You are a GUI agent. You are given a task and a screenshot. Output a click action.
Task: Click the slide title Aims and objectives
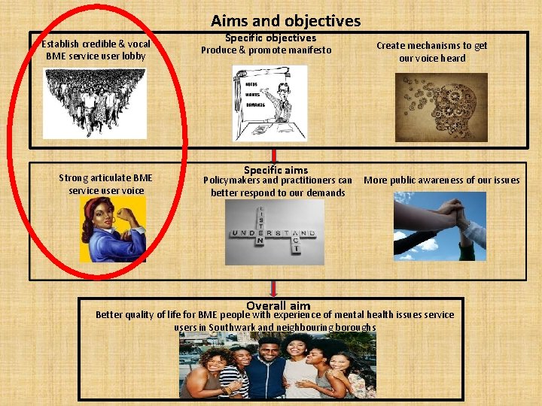point(285,21)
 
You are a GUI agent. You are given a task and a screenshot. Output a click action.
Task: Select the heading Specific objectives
point(270,38)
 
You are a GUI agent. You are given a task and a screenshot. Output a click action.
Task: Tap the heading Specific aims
point(276,170)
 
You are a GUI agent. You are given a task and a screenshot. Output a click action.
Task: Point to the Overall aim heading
point(278,305)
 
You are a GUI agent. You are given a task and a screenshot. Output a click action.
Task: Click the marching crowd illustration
point(95,102)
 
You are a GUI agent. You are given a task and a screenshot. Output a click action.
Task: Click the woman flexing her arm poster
point(113,229)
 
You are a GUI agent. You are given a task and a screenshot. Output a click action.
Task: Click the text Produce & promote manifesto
point(266,50)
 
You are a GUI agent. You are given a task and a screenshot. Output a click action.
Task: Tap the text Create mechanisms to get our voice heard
point(431,52)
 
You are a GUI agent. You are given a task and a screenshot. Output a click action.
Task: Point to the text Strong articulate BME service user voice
point(105,184)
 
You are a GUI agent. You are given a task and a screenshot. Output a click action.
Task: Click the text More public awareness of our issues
point(441,180)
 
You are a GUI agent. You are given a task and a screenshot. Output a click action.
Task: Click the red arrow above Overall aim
point(274,289)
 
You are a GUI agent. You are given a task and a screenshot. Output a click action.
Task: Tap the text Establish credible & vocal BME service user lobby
point(97,50)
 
